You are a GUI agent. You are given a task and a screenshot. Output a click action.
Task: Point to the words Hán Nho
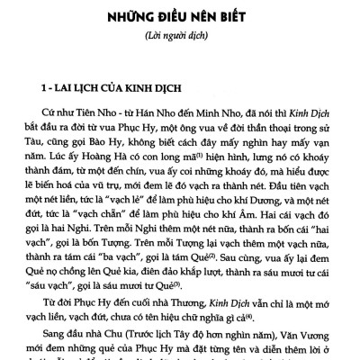tap(142, 121)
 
